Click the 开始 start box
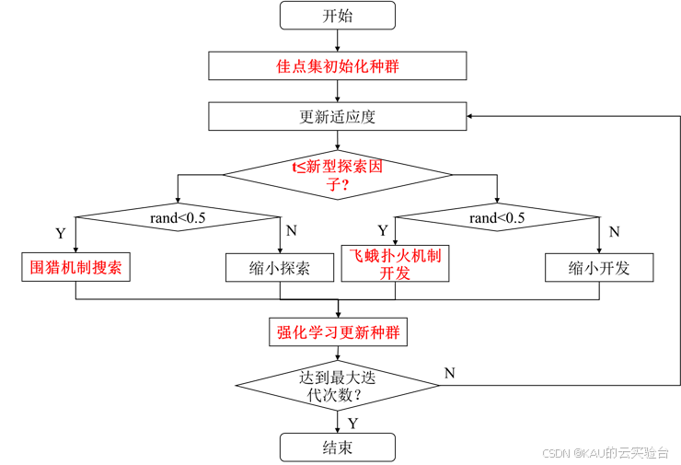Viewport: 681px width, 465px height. (337, 16)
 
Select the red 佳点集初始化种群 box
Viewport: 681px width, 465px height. (337, 66)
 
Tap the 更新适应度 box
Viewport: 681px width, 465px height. (337, 117)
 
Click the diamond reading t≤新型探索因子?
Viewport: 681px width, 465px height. (337, 175)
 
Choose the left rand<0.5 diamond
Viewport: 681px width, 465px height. (178, 217)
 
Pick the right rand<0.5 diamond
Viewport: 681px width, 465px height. (497, 217)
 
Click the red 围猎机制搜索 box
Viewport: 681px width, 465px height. (75, 267)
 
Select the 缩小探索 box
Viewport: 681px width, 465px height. (279, 268)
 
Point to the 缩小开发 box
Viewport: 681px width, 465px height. (599, 268)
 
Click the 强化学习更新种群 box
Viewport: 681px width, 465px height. (338, 331)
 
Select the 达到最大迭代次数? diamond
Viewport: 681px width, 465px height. (337, 386)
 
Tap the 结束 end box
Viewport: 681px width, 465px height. (337, 448)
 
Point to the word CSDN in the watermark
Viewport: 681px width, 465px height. (556, 452)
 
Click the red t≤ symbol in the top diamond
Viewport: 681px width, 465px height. (299, 167)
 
